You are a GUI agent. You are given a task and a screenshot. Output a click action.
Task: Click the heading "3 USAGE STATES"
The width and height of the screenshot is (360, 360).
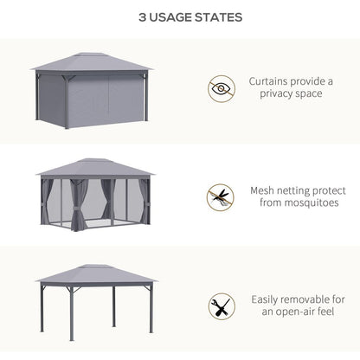click(179, 17)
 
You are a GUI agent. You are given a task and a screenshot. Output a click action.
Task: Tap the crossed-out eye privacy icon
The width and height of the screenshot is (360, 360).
click(221, 88)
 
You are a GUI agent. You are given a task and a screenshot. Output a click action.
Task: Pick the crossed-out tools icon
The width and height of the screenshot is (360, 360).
click(221, 306)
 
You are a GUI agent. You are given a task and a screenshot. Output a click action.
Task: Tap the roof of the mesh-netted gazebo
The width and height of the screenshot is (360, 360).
click(95, 167)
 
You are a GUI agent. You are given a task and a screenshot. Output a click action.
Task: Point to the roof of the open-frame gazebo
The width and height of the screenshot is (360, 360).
click(95, 273)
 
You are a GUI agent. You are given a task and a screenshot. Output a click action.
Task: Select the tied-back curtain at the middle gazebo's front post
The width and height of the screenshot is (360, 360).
click(78, 208)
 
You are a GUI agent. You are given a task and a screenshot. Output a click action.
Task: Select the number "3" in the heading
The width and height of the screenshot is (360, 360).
click(119, 17)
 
